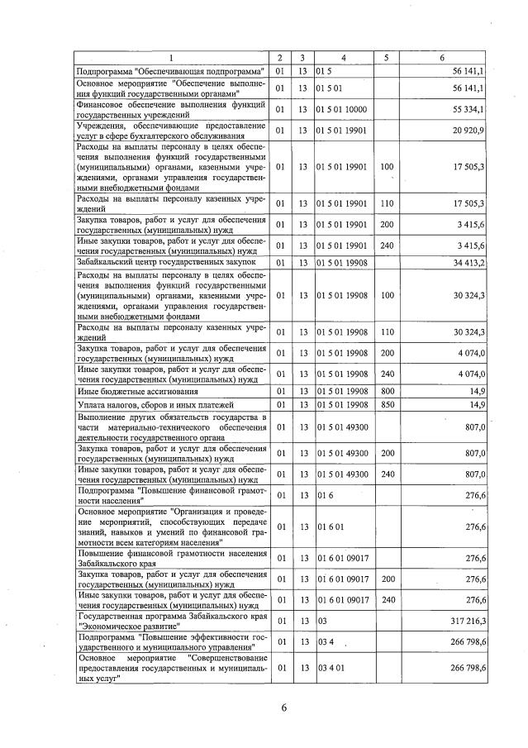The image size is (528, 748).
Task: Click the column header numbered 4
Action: pyautogui.click(x=342, y=57)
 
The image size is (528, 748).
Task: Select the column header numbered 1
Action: pyautogui.click(x=172, y=57)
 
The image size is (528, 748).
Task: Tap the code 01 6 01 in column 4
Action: pyautogui.click(x=330, y=526)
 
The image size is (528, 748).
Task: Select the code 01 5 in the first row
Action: pyautogui.click(x=323, y=71)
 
